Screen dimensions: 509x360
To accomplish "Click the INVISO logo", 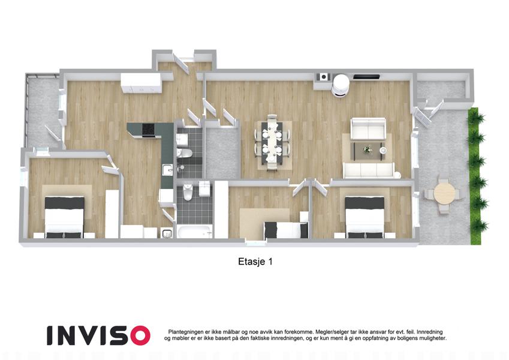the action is pyautogui.click(x=98, y=335).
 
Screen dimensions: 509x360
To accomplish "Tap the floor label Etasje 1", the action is pyautogui.click(x=255, y=262).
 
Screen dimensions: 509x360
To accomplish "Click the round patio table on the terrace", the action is pyautogui.click(x=444, y=193).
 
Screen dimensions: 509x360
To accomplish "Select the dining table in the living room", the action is pyautogui.click(x=272, y=142).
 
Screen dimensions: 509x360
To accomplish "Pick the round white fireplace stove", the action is pyautogui.click(x=341, y=85).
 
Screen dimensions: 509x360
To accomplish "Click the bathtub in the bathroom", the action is pyautogui.click(x=195, y=231).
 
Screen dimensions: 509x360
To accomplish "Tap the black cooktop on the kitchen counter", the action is pyautogui.click(x=149, y=130).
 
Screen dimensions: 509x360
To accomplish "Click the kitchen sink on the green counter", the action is pyautogui.click(x=167, y=170).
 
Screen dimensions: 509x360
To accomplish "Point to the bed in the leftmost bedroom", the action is pyautogui.click(x=64, y=217).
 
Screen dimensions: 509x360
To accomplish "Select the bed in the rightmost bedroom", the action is pyautogui.click(x=365, y=217).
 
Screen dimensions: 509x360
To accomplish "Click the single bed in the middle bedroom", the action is pyautogui.click(x=285, y=230).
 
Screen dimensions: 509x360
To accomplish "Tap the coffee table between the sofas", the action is pyautogui.click(x=369, y=151).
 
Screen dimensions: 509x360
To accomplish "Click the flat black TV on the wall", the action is pyautogui.click(x=366, y=77).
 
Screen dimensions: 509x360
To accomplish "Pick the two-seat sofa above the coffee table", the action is pyautogui.click(x=368, y=128).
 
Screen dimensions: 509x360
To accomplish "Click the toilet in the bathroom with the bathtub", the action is pyautogui.click(x=188, y=193).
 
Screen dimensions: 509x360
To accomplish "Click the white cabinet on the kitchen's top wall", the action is pyautogui.click(x=141, y=83).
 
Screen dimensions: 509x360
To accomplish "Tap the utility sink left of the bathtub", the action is pyautogui.click(x=167, y=233).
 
